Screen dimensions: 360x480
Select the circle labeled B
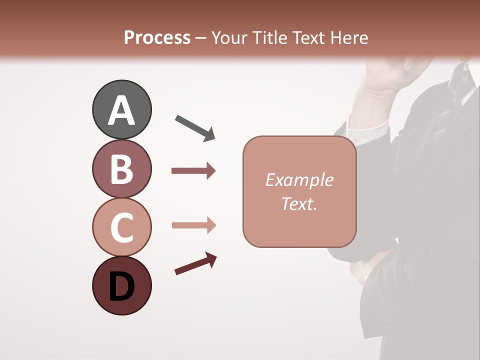[x=121, y=168]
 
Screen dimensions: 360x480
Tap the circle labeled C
[x=121, y=227]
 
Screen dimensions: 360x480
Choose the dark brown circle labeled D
[x=121, y=285]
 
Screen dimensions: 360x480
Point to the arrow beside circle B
[x=193, y=171]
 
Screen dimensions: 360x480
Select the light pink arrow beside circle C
[x=193, y=225]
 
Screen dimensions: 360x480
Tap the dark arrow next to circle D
[x=195, y=264]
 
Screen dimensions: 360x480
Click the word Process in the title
[x=157, y=37]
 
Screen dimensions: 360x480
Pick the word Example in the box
[x=299, y=180]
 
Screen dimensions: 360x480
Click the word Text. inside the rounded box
[x=299, y=203]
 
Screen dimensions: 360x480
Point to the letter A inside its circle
[x=121, y=110]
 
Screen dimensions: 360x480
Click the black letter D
[x=121, y=287]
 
